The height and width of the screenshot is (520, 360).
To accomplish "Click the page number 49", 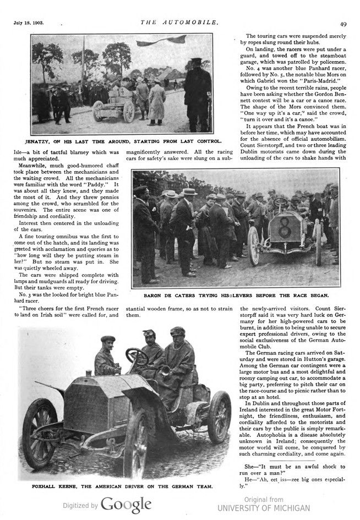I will tap(343, 24).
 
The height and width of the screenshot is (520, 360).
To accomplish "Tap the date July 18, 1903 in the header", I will tap(28, 24).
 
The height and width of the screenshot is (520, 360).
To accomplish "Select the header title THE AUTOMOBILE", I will tap(180, 23).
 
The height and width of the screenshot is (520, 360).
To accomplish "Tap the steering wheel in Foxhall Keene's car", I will tap(137, 357).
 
